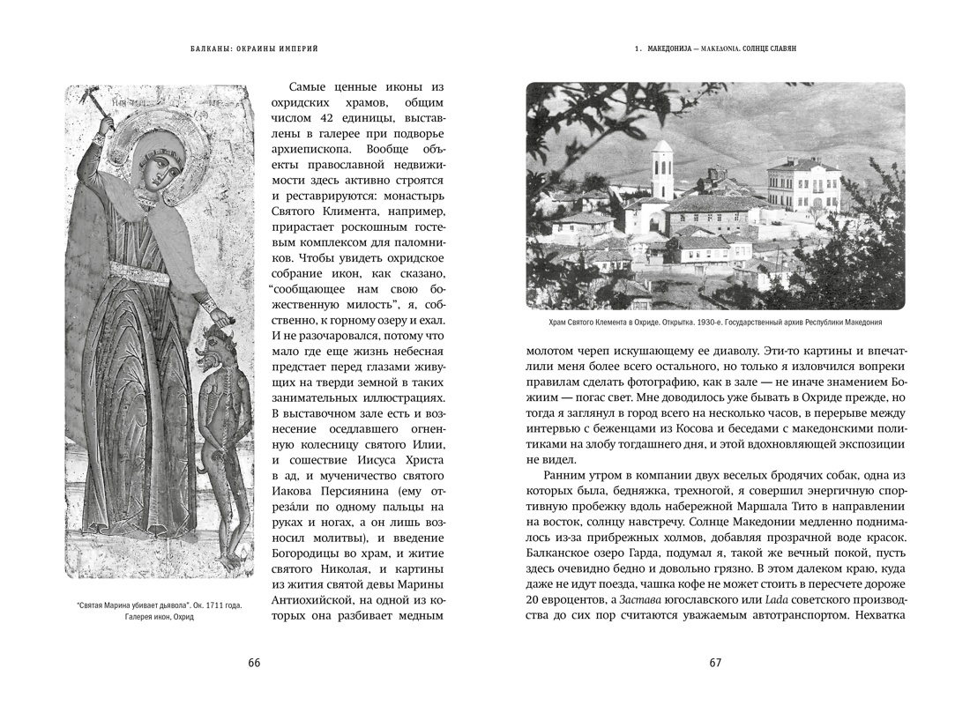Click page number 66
click(x=254, y=664)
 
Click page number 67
click(x=715, y=664)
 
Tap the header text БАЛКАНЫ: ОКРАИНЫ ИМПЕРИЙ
click(x=254, y=50)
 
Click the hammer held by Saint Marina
click(x=105, y=110)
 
